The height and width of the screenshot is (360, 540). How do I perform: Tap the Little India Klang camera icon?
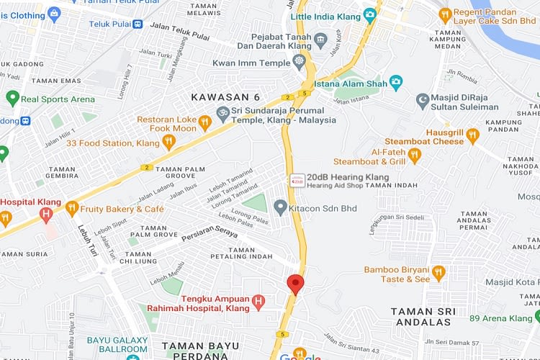pyautogui.click(x=370, y=14)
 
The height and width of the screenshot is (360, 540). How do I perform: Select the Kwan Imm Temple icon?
pyautogui.click(x=300, y=63)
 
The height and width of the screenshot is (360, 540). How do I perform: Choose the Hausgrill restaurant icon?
pyautogui.click(x=472, y=133)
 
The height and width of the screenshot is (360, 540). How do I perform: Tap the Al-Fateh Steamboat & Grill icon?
pyautogui.click(x=413, y=154)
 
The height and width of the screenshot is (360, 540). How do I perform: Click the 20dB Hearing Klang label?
pyautogui.click(x=347, y=177)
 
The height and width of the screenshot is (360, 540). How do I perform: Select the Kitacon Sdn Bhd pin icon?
pyautogui.click(x=281, y=208)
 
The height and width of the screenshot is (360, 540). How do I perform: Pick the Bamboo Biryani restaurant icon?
pyautogui.click(x=439, y=273)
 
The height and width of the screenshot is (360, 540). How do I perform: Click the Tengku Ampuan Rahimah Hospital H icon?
pyautogui.click(x=259, y=301)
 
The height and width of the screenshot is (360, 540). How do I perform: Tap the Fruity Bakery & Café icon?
pyautogui.click(x=71, y=209)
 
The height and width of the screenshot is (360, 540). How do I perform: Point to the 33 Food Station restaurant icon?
pyautogui.click(x=168, y=143)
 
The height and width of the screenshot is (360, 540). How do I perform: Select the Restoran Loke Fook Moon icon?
pyautogui.click(x=205, y=123)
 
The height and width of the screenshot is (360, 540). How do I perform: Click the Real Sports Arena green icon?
pyautogui.click(x=12, y=99)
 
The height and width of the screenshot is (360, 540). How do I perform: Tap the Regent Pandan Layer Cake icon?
pyautogui.click(x=445, y=14)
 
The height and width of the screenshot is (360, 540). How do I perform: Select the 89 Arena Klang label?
pyautogui.click(x=500, y=318)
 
